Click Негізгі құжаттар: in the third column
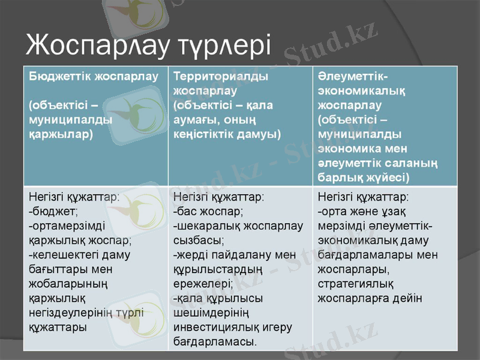pos(364,197)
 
